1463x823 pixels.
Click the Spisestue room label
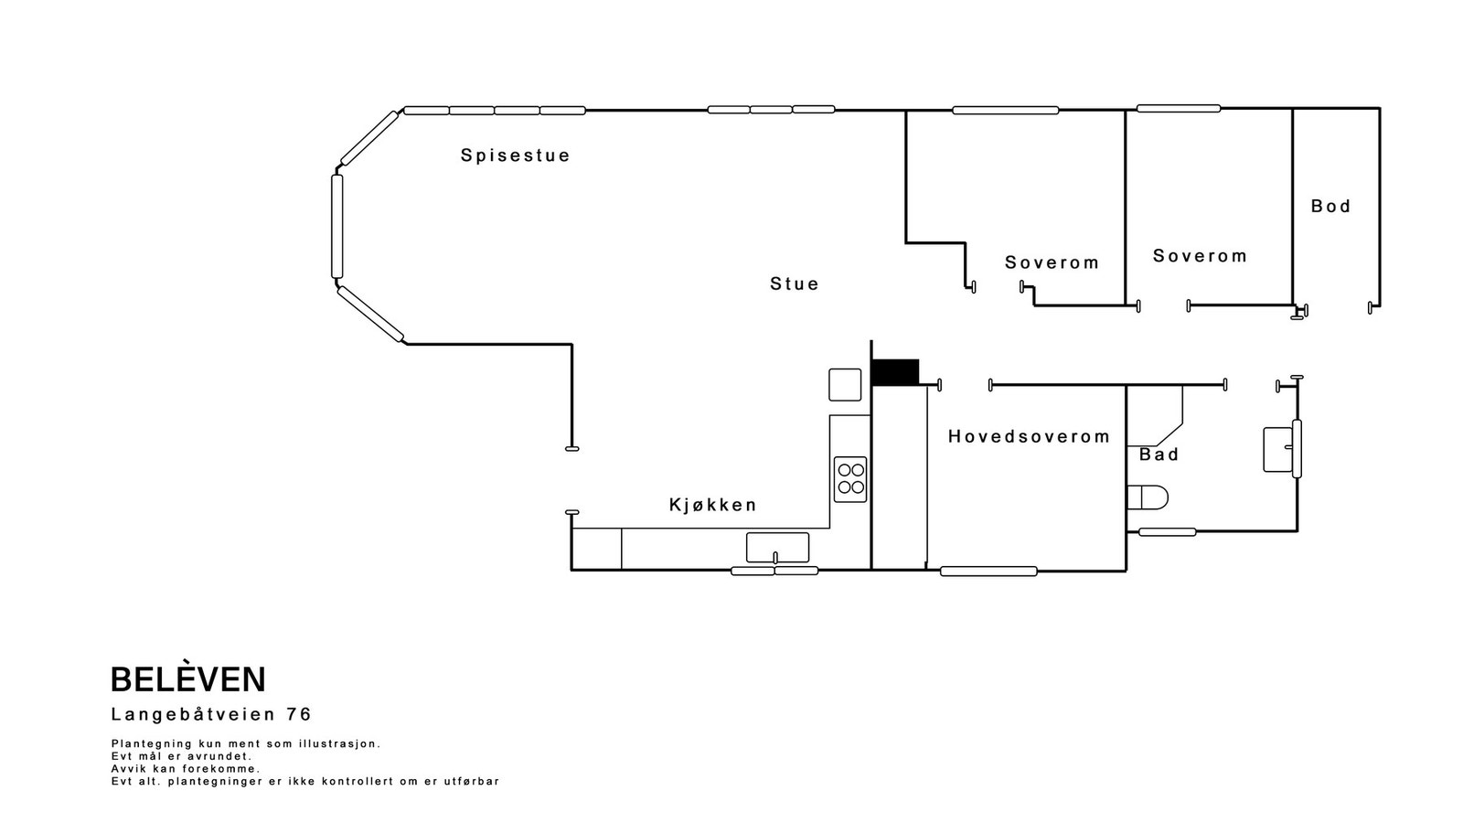click(515, 155)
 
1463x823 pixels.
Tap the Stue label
click(794, 284)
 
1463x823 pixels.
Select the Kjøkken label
click(712, 505)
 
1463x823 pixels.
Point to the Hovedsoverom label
click(1029, 437)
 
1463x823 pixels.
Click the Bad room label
click(1159, 454)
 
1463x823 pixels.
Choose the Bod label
click(1330, 207)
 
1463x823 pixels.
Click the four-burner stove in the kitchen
click(850, 479)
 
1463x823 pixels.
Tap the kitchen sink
click(777, 547)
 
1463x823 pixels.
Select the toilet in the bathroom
click(1148, 497)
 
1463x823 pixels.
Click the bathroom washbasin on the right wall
click(1277, 449)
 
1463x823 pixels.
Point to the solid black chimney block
click(894, 372)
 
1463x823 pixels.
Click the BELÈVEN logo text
click(187, 679)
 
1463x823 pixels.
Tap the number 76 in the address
click(299, 714)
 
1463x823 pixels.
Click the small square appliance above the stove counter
click(845, 384)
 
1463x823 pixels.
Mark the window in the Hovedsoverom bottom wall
click(988, 572)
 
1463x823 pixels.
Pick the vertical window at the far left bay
click(336, 226)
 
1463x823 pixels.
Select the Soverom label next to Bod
click(1200, 256)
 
